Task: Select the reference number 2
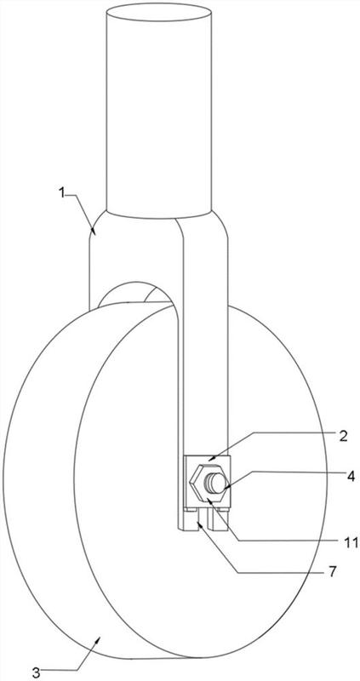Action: click(343, 437)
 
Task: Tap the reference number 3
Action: click(37, 673)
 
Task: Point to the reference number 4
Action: click(351, 476)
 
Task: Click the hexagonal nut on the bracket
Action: click(208, 483)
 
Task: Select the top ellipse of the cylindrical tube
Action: click(159, 13)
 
